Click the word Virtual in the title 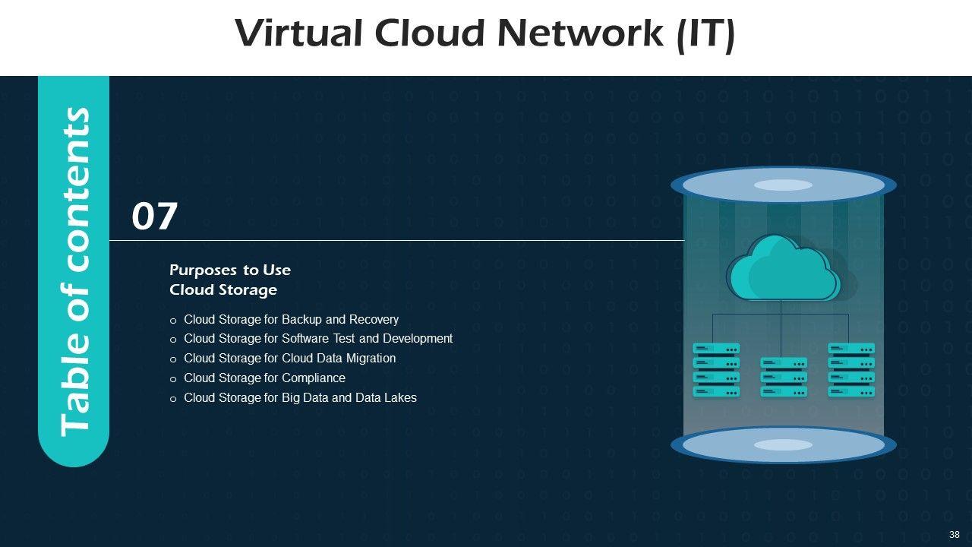pos(298,33)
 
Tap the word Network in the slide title pos(581,33)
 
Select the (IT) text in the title pos(706,35)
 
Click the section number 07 pos(154,217)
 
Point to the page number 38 pos(955,534)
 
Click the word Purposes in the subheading pos(203,270)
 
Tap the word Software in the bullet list pos(305,339)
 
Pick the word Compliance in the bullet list pos(314,378)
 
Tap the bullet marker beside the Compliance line pos(173,379)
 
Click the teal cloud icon pos(783,268)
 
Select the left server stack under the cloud pos(716,370)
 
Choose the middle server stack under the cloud pos(784,377)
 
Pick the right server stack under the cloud pos(851,370)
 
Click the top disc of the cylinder pos(783,185)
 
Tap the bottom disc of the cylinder pos(783,444)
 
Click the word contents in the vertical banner pos(74,190)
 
